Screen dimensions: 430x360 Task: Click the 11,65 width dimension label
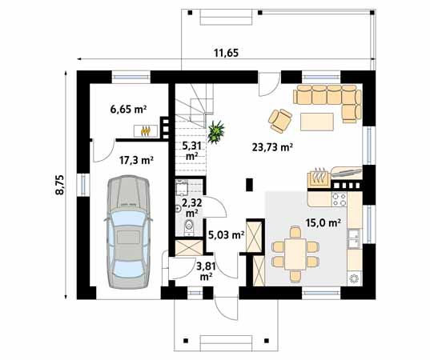tap(226, 53)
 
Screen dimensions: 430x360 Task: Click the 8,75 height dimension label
tap(59, 185)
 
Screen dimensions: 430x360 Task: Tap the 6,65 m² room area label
tap(128, 110)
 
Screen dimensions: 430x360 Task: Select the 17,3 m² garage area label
tap(136, 160)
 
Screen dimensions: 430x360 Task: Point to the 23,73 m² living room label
tap(272, 147)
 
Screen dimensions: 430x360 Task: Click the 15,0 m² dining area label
tap(324, 223)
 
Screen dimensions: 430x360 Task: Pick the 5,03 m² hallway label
tap(227, 234)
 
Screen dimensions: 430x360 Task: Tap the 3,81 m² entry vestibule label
tap(206, 271)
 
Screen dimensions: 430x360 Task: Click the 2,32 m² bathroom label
tap(192, 207)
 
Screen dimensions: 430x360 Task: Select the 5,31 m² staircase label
tap(192, 151)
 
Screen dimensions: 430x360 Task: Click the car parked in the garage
tap(128, 232)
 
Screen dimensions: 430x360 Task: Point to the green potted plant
tap(216, 132)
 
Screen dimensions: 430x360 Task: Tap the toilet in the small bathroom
tap(189, 227)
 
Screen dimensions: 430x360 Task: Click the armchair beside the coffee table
tap(280, 121)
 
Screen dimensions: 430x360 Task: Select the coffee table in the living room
tap(317, 122)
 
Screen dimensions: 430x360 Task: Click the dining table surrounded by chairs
tap(295, 254)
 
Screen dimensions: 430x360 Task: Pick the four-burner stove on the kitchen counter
tap(340, 199)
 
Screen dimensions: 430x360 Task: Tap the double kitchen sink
tap(354, 238)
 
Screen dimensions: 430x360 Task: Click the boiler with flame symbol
tap(146, 131)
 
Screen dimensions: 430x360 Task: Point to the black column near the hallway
tap(249, 184)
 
